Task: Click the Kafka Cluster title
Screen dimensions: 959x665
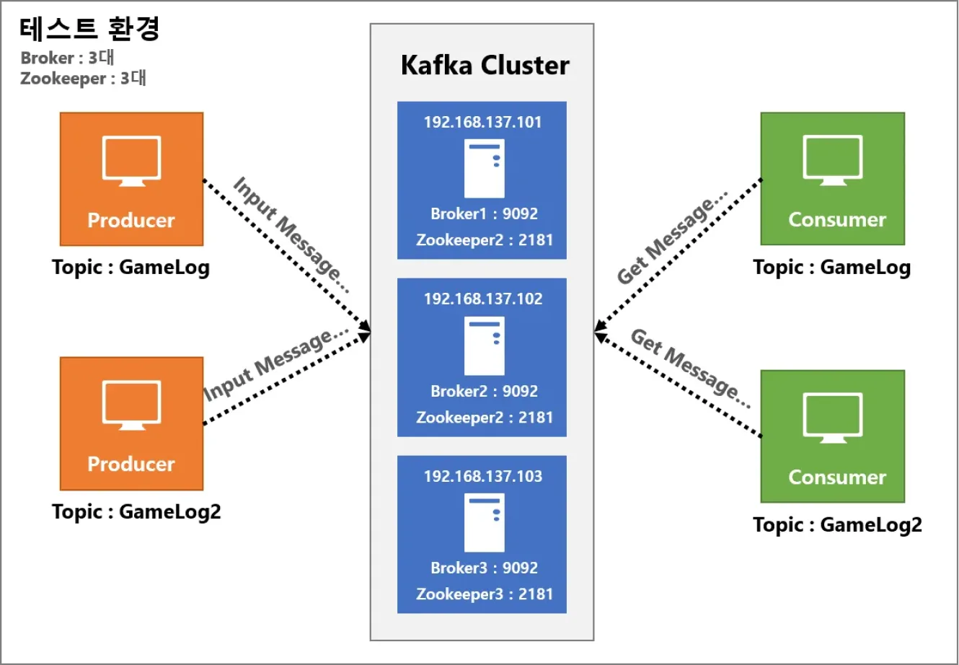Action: coord(485,66)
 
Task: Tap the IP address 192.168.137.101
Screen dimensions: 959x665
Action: coord(482,122)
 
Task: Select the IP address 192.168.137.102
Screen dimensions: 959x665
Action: coord(483,299)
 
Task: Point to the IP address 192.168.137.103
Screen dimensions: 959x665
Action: coord(483,476)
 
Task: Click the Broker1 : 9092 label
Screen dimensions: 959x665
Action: coord(484,213)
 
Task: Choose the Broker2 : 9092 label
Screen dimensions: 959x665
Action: coord(484,391)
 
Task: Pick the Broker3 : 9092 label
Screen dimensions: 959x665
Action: coord(484,568)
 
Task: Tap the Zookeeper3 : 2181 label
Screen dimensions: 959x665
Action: coord(485,594)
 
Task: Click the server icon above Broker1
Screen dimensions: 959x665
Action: coord(485,168)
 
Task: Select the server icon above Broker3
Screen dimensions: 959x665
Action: coord(485,523)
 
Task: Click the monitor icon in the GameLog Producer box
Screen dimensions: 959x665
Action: coord(131,161)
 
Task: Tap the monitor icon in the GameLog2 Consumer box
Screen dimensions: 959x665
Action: coord(832,418)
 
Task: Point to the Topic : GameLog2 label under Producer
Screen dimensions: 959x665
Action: coord(136,511)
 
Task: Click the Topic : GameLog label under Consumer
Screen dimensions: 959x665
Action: coord(831,268)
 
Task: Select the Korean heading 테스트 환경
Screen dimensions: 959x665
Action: coord(89,29)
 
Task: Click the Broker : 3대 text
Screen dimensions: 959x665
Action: coord(67,58)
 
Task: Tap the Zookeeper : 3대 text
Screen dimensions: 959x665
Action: coord(83,79)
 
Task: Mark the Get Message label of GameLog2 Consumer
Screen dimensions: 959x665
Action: coord(691,369)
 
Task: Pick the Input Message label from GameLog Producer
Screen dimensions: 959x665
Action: coord(291,234)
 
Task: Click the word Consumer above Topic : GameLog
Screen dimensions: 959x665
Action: coord(837,220)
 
